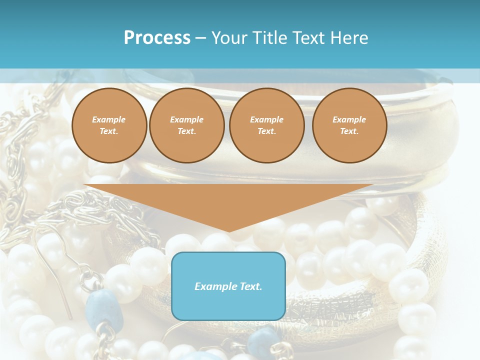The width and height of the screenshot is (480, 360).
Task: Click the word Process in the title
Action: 157,38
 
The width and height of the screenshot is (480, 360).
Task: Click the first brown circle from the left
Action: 109,125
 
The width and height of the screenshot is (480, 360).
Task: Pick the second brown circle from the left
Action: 187,125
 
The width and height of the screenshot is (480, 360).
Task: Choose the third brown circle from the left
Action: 267,125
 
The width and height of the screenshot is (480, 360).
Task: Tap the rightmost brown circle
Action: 349,125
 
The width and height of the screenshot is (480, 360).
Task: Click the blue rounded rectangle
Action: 228,286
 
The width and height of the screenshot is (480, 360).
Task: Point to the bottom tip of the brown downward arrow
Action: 228,231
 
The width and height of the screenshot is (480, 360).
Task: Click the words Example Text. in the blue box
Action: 228,286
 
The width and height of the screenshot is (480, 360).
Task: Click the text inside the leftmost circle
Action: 109,125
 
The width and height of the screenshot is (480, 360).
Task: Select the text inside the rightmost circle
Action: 349,125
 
